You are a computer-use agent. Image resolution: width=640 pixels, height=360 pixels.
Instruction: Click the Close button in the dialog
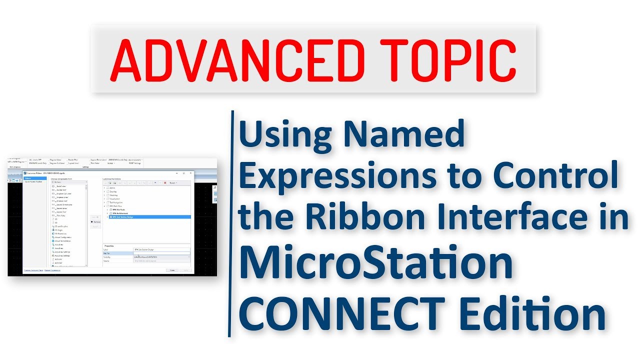coord(172,270)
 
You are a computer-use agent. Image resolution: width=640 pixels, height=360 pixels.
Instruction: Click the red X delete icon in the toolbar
coord(165,182)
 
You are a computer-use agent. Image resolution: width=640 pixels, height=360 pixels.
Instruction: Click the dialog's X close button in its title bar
coord(190,173)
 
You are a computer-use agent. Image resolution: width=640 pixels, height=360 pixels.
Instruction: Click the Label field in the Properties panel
coord(161,249)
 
